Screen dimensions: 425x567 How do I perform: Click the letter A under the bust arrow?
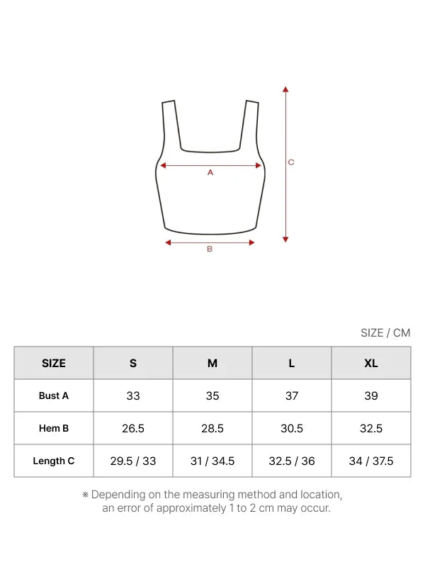click(210, 172)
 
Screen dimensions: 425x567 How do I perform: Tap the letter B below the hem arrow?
click(210, 249)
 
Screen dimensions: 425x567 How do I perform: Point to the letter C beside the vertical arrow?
click(291, 162)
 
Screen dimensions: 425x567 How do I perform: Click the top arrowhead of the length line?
click(285, 89)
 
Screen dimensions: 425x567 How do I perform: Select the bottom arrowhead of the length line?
click(285, 240)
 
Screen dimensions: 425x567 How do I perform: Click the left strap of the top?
click(171, 125)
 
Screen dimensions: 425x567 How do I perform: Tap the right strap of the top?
click(249, 125)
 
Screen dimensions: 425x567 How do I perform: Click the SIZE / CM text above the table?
click(385, 332)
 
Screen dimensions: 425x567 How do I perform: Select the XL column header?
click(371, 363)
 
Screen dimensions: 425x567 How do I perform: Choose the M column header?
click(212, 363)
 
